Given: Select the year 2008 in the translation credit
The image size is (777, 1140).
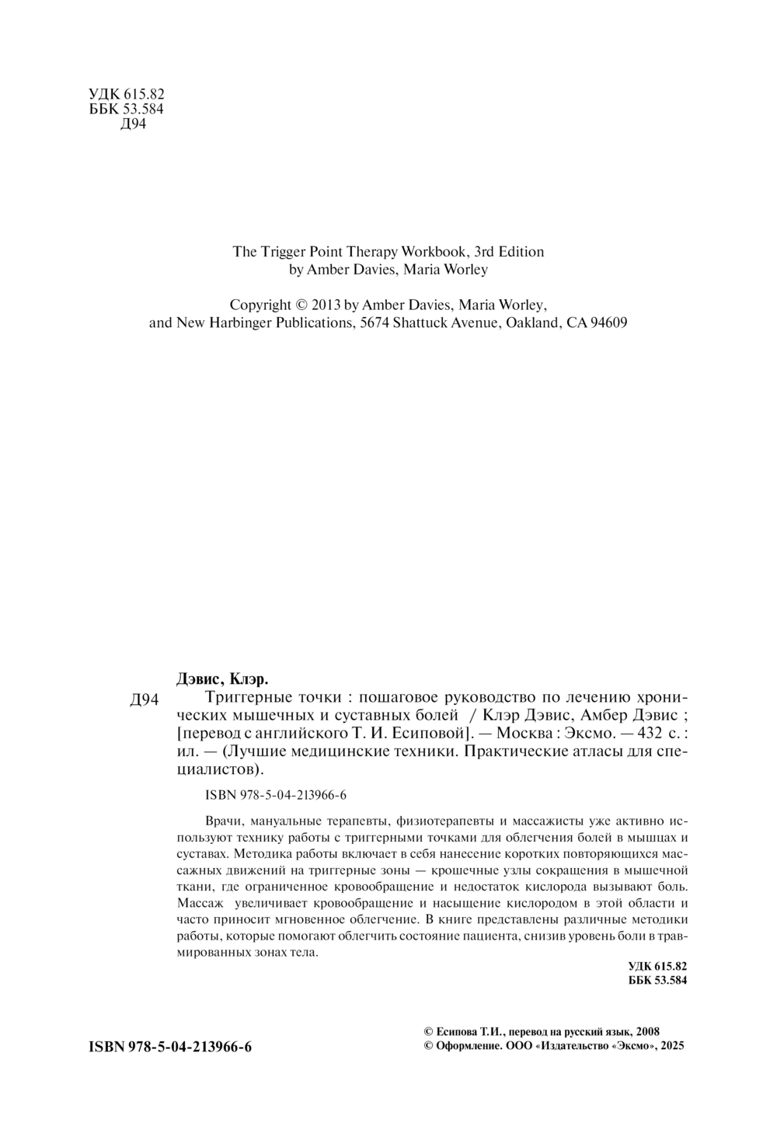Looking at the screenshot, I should coord(647,1031).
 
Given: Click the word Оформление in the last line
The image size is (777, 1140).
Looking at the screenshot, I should coord(465,1047).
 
